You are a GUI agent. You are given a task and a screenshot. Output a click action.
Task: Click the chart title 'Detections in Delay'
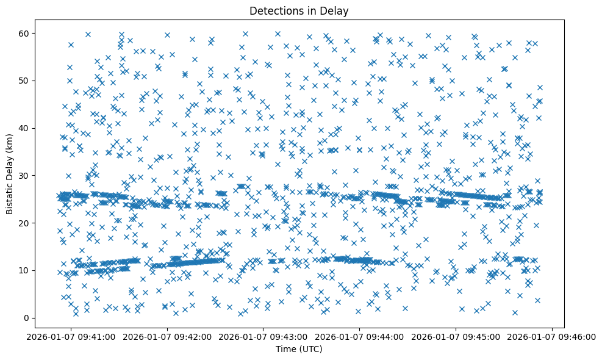[299, 10]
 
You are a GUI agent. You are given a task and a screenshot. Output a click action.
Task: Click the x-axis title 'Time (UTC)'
[299, 350]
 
